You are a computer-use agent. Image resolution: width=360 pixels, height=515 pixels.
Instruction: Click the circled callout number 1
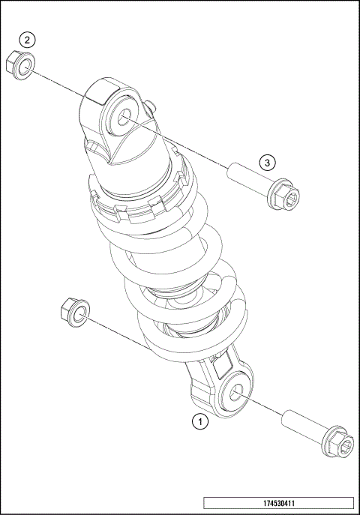199,421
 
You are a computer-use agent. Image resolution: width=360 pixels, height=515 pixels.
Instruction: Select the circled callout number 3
268,162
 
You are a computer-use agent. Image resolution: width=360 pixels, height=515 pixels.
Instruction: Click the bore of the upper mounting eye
122,116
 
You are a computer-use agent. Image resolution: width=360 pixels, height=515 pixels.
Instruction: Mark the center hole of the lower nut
75,312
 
